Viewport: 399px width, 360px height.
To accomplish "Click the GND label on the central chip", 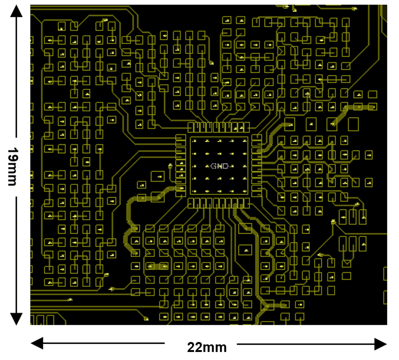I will [x=219, y=166].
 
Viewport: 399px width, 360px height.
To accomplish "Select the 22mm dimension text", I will [x=206, y=347].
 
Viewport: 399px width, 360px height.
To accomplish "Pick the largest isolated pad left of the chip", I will [x=158, y=176].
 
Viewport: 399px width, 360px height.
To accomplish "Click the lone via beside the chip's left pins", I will [x=171, y=166].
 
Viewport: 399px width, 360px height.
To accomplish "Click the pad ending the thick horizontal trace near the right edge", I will [x=372, y=106].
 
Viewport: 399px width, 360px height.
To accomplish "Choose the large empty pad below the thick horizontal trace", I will [x=354, y=124].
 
